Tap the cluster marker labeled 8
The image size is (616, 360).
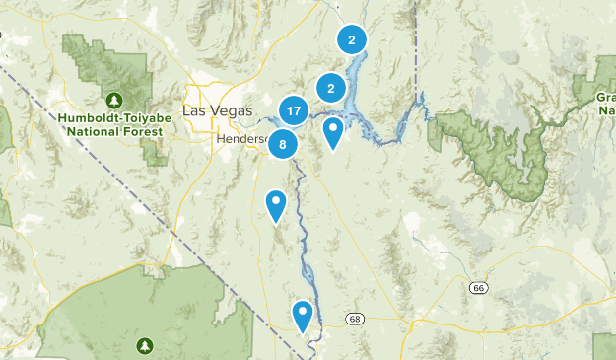pos(283,144)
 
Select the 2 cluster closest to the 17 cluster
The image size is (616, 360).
pos(330,88)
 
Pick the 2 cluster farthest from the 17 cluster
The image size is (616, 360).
pos(351,39)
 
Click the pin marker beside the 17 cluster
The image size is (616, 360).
pos(334,131)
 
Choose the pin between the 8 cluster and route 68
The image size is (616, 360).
pos(276,205)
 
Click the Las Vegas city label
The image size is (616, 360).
pos(218,109)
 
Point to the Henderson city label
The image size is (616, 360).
pos(242,139)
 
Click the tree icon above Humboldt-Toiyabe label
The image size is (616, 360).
pos(115,101)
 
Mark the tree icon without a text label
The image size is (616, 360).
pos(145,345)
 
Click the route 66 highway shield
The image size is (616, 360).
pos(479,287)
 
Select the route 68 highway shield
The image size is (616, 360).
pos(355,319)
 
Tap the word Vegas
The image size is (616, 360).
pos(231,109)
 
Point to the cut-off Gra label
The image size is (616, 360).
pos(605,97)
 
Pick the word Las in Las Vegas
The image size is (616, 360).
pos(195,109)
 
